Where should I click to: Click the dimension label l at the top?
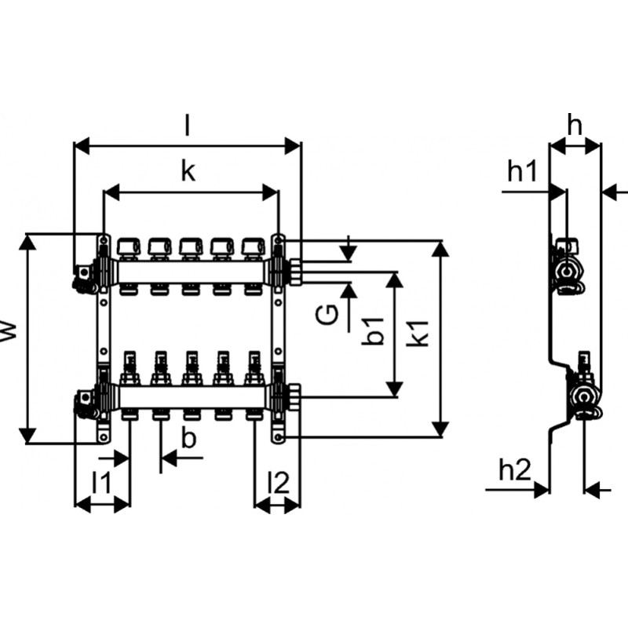(187, 124)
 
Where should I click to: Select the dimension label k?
(187, 172)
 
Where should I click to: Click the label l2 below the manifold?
(277, 482)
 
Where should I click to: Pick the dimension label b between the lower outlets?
(188, 439)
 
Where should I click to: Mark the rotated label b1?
(374, 330)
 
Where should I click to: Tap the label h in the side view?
(575, 125)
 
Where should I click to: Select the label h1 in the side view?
(522, 171)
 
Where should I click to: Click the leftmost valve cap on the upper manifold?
(126, 248)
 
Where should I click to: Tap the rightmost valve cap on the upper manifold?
(251, 248)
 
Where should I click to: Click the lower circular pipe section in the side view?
(584, 399)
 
